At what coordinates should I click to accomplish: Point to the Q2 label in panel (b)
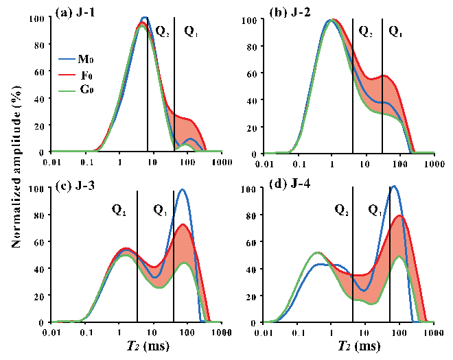(365, 30)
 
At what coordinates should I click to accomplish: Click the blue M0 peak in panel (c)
(183, 190)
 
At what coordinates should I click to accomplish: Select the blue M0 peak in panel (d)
(393, 187)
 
